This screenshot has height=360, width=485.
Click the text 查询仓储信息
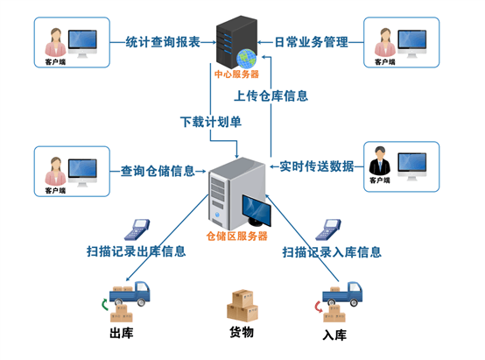[158, 171]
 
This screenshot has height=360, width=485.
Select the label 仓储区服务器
[236, 236]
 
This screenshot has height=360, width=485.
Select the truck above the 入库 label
[341, 300]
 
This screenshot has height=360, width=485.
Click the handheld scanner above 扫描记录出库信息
[136, 228]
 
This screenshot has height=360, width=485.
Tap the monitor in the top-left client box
[84, 40]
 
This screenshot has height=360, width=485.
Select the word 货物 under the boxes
[241, 333]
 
